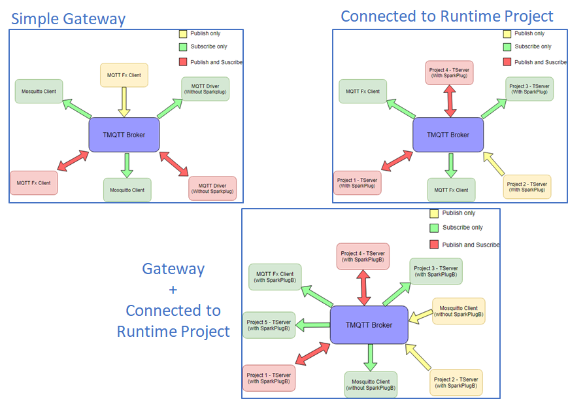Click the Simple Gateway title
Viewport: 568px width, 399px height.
(68, 18)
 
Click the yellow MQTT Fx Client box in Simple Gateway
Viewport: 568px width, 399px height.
(124, 75)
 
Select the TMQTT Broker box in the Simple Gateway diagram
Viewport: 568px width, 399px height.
(124, 135)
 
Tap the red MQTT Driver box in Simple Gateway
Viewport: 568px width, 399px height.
(212, 188)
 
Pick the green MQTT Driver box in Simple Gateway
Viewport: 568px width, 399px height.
(205, 89)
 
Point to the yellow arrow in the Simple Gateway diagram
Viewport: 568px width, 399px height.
(124, 102)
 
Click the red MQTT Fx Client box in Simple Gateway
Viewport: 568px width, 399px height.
(34, 182)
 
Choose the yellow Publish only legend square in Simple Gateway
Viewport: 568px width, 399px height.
(183, 33)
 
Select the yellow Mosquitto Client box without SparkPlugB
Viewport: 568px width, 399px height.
(459, 311)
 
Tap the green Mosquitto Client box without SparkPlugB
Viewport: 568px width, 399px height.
(370, 385)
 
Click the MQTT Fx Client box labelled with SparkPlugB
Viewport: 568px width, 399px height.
(275, 277)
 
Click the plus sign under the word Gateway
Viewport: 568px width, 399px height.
(173, 289)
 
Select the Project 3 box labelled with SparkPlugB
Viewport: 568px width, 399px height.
(436, 271)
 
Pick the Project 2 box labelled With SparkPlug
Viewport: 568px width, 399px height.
(527, 186)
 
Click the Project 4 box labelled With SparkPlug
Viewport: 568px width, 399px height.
(449, 72)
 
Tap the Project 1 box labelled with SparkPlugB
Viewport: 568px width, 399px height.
(269, 378)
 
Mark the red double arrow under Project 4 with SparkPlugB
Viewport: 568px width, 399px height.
(363, 288)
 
